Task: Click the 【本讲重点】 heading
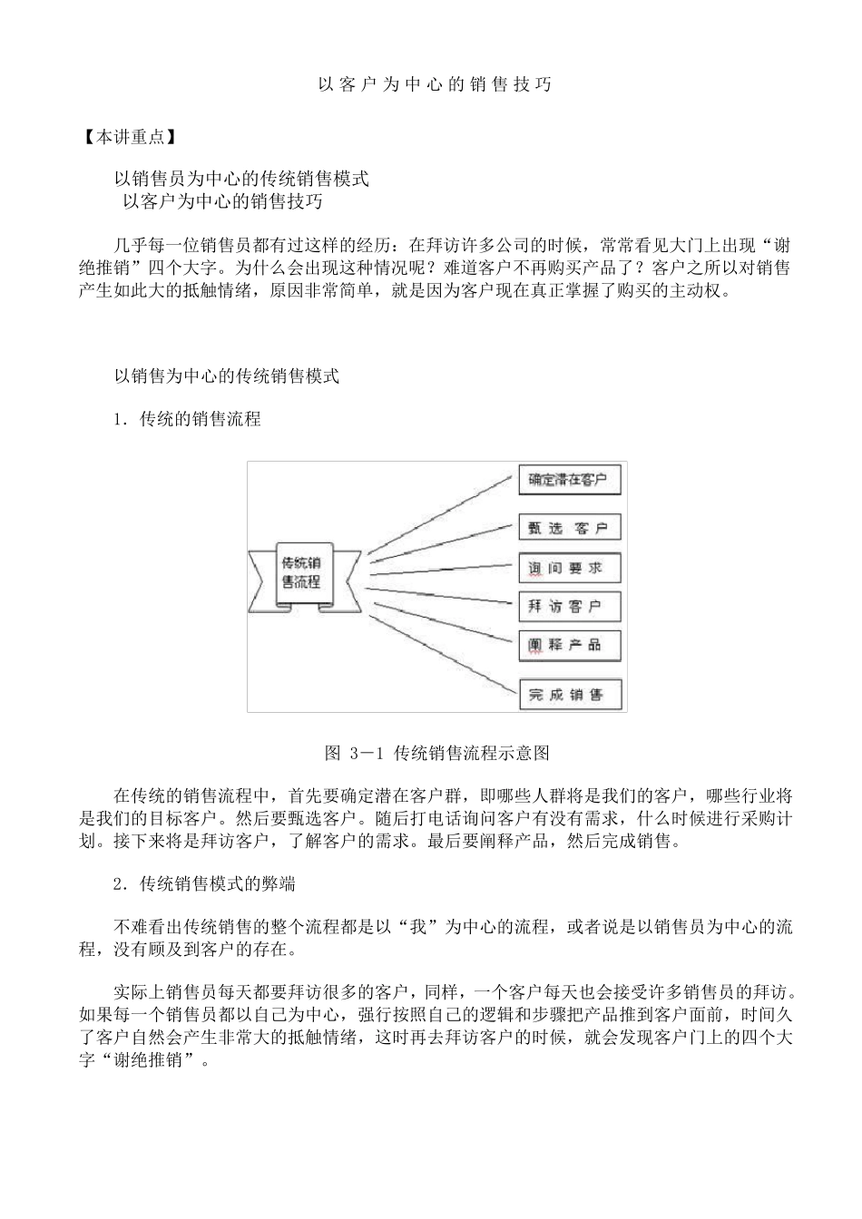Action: (x=127, y=138)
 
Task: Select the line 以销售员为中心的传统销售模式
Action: (x=241, y=180)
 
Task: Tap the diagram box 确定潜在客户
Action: (x=570, y=480)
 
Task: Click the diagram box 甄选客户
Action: (x=570, y=528)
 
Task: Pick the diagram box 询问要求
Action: (x=570, y=568)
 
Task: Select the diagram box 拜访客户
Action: (x=570, y=606)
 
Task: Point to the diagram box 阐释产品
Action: (x=570, y=645)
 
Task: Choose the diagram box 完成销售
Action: (x=570, y=696)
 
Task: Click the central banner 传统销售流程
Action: (x=302, y=571)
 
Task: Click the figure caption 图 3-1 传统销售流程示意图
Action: (x=437, y=753)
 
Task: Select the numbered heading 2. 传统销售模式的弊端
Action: (x=204, y=883)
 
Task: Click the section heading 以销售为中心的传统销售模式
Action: (x=227, y=376)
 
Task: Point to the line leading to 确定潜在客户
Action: (x=442, y=514)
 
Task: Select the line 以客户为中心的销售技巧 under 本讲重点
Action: (x=223, y=201)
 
